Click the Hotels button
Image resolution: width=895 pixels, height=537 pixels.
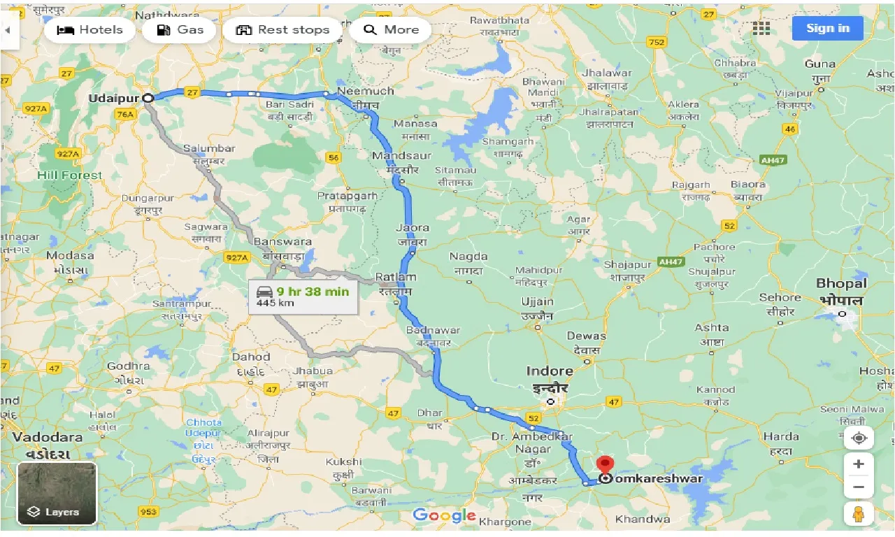89,30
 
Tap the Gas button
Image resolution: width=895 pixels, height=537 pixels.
180,30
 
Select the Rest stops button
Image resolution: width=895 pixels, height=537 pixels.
282,30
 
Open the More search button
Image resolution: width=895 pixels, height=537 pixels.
391,30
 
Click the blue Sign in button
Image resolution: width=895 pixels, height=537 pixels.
827,28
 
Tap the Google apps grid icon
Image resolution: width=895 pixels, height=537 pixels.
761,28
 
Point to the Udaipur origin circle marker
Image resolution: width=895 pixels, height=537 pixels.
148,99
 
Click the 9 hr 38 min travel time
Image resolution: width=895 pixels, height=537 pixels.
312,292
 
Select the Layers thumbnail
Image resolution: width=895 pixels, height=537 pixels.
57,493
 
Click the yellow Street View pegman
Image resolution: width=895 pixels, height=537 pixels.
859,515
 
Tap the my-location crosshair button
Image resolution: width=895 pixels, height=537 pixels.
859,438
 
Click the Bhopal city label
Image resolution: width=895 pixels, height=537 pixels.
841,284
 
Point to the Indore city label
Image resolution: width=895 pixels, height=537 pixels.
550,371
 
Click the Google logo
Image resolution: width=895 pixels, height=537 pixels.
444,516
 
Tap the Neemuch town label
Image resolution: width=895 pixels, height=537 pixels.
365,92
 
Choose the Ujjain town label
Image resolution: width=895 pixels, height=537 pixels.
537,302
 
